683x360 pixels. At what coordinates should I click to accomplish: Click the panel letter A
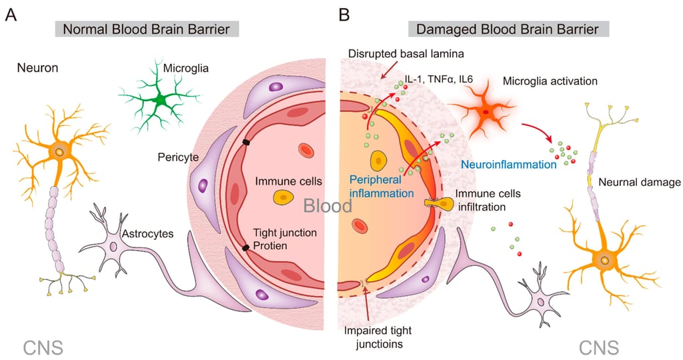point(11,14)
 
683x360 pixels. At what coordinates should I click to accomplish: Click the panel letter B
point(344,14)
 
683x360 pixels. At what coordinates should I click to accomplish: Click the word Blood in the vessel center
point(328,206)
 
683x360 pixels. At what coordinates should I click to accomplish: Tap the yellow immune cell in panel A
point(283,197)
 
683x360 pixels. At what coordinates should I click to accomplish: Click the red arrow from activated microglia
point(538,132)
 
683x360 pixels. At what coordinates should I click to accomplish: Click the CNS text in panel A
point(43,347)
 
